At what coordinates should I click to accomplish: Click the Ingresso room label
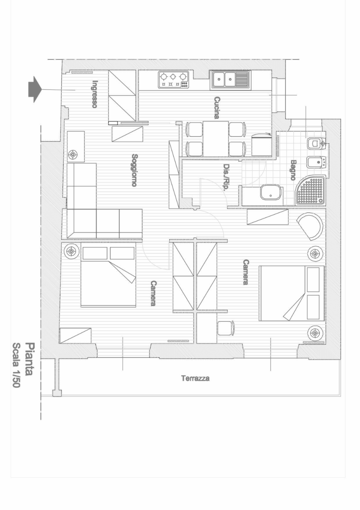tap(95, 94)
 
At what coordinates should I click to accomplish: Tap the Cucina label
tap(217, 108)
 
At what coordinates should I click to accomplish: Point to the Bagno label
tap(293, 170)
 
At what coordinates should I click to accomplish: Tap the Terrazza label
tap(195, 378)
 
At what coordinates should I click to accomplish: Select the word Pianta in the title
tap(30, 359)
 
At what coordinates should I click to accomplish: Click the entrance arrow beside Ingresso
tap(35, 90)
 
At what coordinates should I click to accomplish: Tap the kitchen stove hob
tap(173, 79)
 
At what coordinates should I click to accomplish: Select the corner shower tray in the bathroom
tap(311, 190)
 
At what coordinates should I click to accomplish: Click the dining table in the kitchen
tap(216, 139)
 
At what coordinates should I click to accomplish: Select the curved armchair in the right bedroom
tap(310, 226)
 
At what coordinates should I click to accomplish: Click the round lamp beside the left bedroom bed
tap(72, 251)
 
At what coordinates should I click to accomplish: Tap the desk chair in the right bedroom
tap(226, 328)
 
